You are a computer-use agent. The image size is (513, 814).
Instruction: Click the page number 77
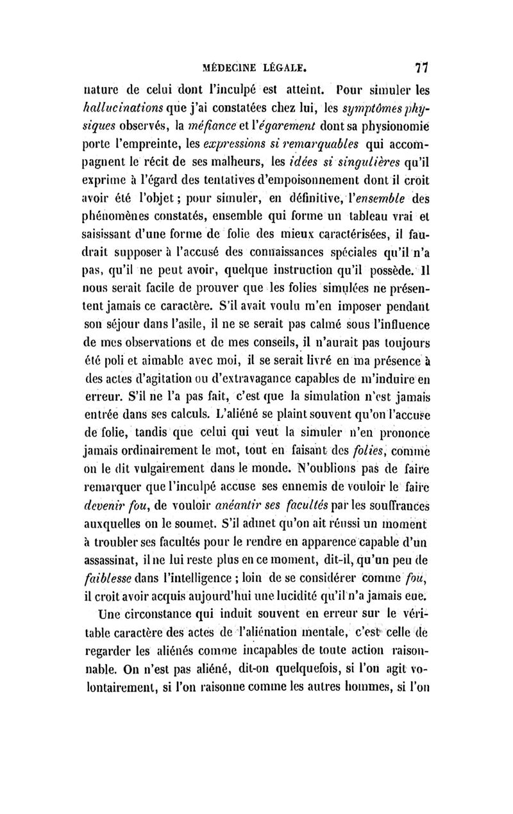tap(421, 66)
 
